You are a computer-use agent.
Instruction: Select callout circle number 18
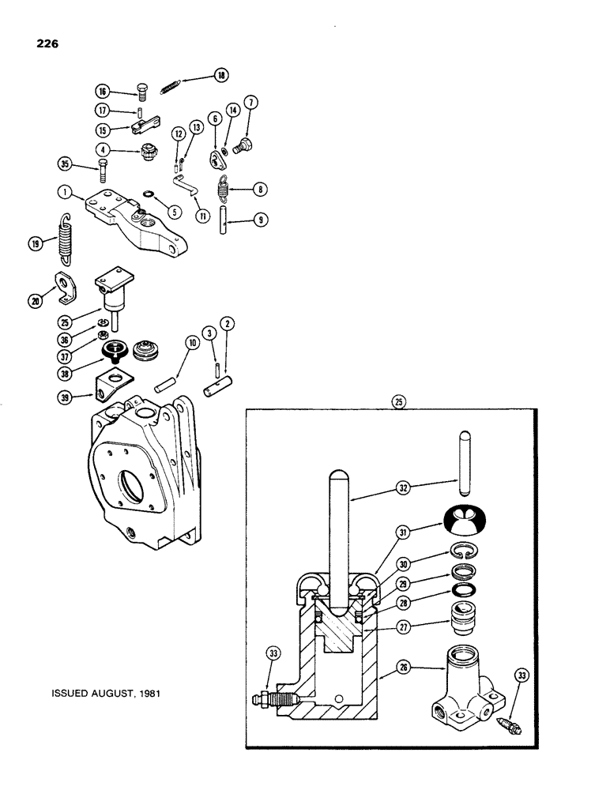[220, 75]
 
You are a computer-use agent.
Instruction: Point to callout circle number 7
[251, 102]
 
